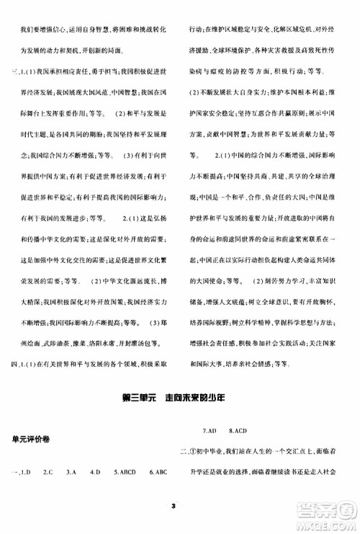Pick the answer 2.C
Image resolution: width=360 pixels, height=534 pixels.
pos(48,471)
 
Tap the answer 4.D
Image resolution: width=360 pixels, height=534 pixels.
pos(94,471)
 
